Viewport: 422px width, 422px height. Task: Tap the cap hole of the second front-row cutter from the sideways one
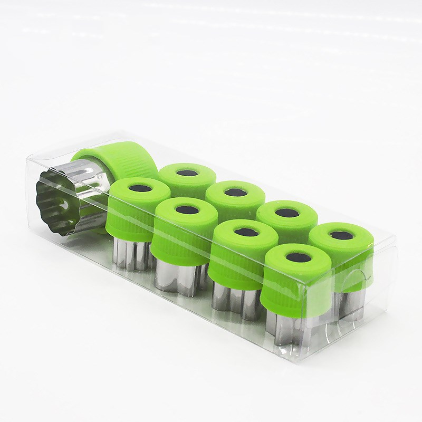pyautogui.click(x=184, y=210)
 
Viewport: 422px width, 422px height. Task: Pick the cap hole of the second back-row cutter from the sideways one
pyautogui.click(x=232, y=192)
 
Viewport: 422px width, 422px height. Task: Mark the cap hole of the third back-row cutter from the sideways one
pyautogui.click(x=287, y=212)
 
